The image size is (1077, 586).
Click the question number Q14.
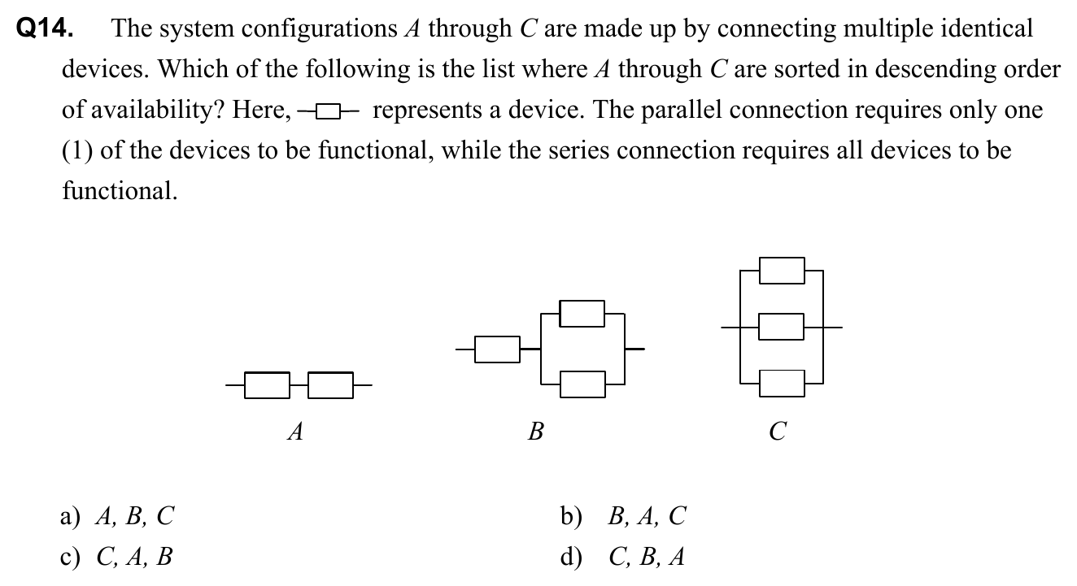tap(45, 29)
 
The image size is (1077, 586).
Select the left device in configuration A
tap(266, 385)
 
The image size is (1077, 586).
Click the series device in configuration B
tap(497, 349)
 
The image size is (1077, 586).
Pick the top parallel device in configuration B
tap(582, 313)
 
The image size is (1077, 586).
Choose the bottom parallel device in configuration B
tap(582, 384)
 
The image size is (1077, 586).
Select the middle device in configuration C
tap(782, 328)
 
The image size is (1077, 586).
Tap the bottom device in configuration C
tap(782, 383)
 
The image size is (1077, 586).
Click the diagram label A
tap(296, 432)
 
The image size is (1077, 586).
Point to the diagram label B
tap(535, 432)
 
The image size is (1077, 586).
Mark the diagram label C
tap(778, 432)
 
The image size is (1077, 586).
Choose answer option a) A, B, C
tap(117, 515)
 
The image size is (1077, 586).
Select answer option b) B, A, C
tap(623, 515)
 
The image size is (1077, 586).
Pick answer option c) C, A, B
tap(117, 557)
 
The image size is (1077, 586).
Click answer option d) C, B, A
tap(623, 557)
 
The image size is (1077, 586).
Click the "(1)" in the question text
tap(78, 151)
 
